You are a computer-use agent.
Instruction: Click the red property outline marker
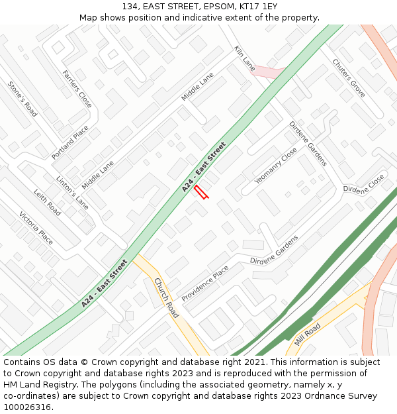coord(202,192)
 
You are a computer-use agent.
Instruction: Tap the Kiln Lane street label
coord(244,58)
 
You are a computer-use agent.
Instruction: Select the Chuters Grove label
coord(349,78)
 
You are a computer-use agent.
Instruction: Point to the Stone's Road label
coord(22,99)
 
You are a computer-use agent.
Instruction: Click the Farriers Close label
coord(77,89)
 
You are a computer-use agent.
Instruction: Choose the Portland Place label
coord(70,142)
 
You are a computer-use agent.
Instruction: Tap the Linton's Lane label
coord(72,192)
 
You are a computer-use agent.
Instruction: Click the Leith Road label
coord(47,203)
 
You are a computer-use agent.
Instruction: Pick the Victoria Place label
coord(36,228)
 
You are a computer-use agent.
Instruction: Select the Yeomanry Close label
coord(276,166)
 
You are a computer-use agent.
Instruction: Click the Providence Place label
coord(205,283)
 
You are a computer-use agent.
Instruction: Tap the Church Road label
coord(166,297)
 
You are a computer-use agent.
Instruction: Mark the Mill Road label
coord(308,335)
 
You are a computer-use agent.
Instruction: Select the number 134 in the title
coord(129,6)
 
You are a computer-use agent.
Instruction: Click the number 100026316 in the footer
coord(26,407)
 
